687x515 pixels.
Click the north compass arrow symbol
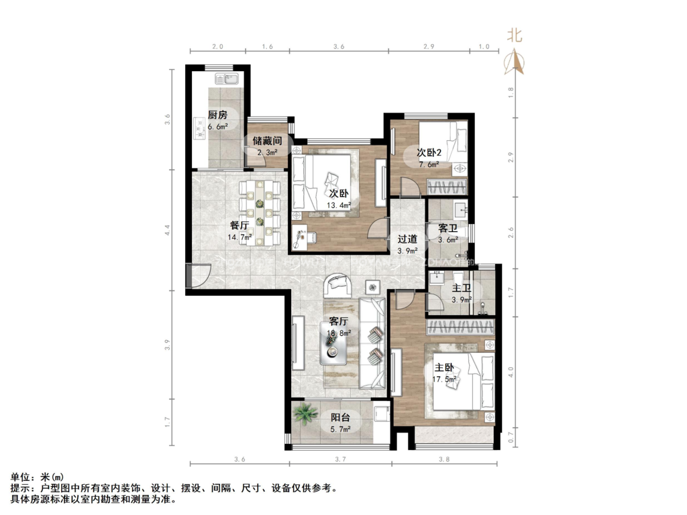tap(517, 62)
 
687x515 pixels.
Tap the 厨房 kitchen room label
tap(217, 115)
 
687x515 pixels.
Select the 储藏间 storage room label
tap(266, 141)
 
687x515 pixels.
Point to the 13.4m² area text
tap(339, 205)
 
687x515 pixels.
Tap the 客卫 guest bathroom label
tap(447, 229)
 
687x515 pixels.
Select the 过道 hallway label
tap(407, 239)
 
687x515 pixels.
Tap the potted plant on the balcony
tap(305, 414)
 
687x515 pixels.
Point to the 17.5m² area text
tap(445, 379)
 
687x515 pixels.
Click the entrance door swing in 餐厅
tap(200, 274)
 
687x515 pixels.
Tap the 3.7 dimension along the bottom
tap(339, 459)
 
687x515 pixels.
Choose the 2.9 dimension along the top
tap(429, 47)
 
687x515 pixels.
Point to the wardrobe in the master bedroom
tap(461, 327)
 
